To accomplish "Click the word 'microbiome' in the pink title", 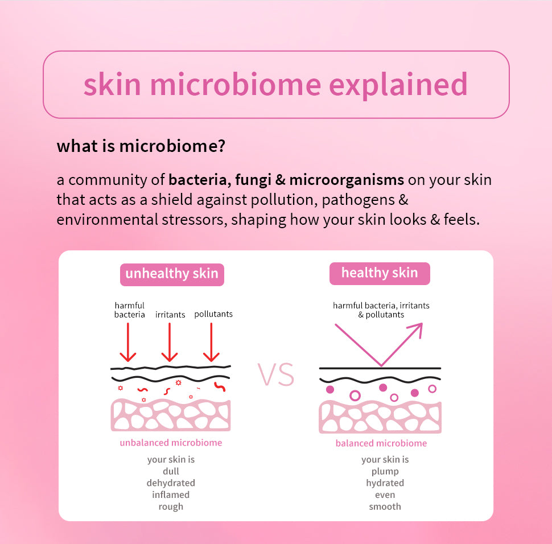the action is [236, 84].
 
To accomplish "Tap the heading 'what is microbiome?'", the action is [141, 146].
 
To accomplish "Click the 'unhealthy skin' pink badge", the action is [172, 274].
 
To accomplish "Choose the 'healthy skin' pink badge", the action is [380, 273].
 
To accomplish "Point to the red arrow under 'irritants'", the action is [170, 342].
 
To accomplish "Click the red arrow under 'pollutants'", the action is [211, 342].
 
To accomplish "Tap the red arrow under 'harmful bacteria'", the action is [128, 342].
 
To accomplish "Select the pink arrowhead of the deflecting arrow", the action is [416, 330].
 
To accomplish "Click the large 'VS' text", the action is [276, 374].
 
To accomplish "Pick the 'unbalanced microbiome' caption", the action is [171, 443].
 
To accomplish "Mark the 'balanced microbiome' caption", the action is [381, 443].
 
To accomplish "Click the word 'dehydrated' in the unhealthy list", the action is [171, 483].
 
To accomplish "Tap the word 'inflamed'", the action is [171, 494].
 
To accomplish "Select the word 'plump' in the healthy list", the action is [385, 472].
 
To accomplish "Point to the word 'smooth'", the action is [385, 506].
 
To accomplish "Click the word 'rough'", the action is [171, 506].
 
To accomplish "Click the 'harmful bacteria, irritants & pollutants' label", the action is [381, 310].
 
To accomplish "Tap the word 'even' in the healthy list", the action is [385, 495].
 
